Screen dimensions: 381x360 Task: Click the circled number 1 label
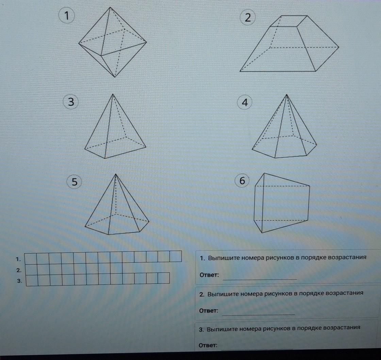point(66,16)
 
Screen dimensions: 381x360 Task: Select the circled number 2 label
point(248,18)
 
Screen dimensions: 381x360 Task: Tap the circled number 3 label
point(71,102)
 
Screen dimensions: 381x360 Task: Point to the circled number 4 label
point(245,102)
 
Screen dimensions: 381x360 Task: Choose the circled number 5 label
point(74,182)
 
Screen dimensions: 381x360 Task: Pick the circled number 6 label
point(242,181)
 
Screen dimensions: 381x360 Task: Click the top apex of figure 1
point(110,7)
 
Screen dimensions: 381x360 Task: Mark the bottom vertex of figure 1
point(115,77)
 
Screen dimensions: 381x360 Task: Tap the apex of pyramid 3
point(113,94)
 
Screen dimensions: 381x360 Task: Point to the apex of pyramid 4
point(287,95)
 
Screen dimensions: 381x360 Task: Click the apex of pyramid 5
point(116,174)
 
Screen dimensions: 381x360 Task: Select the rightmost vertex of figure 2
point(338,47)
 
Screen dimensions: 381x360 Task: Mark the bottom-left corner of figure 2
point(240,71)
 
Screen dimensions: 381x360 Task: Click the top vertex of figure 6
point(264,173)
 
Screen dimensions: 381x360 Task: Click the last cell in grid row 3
point(164,278)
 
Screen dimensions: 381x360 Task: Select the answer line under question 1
point(260,279)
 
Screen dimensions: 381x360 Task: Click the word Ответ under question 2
point(209,311)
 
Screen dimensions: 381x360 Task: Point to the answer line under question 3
point(257,349)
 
